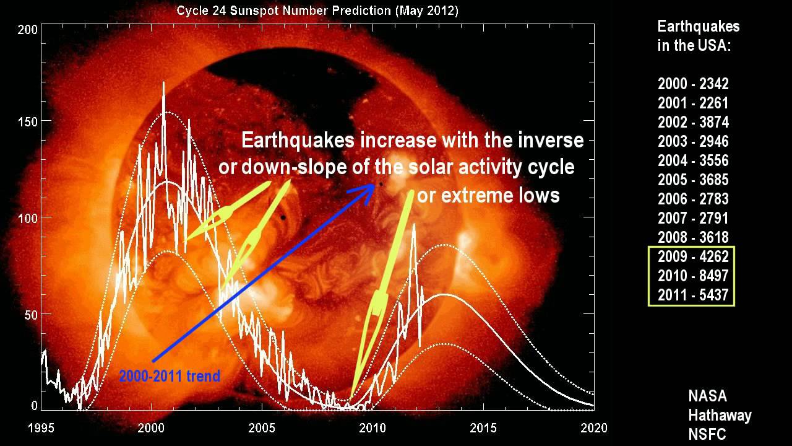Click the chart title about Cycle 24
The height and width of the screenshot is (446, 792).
tap(317, 11)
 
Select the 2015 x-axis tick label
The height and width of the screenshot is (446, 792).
tap(483, 428)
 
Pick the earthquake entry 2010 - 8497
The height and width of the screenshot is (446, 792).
tap(693, 276)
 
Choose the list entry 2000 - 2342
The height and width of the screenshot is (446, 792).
tap(693, 84)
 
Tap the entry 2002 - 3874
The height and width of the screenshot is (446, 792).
tap(693, 123)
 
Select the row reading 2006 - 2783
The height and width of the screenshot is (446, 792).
tap(693, 199)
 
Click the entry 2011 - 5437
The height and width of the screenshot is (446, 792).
tap(693, 295)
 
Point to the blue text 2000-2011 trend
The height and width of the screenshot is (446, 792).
tap(170, 376)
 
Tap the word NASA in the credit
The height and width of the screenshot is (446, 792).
tap(708, 396)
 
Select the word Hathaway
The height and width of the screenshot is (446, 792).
tap(720, 415)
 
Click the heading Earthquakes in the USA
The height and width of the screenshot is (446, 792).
tap(698, 36)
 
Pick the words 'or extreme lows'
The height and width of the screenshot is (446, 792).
tap(488, 196)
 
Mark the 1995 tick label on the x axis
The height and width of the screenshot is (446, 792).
tap(41, 428)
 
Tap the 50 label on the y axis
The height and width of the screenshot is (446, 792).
tap(29, 314)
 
